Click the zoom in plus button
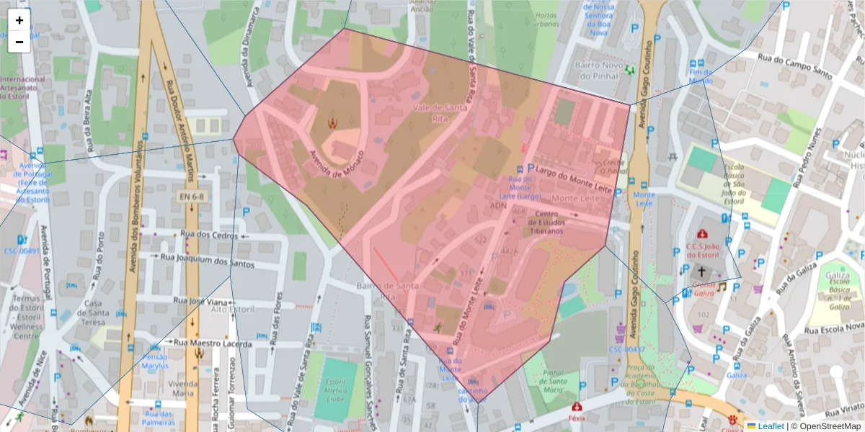point(19,20)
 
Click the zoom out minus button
point(19,42)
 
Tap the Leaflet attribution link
point(770,426)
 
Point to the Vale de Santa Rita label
point(438,112)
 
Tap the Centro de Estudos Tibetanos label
point(548,222)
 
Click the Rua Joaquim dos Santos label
point(206,260)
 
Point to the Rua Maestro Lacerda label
point(216,343)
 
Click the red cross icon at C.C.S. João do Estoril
point(702,235)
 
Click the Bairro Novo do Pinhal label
point(596,69)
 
